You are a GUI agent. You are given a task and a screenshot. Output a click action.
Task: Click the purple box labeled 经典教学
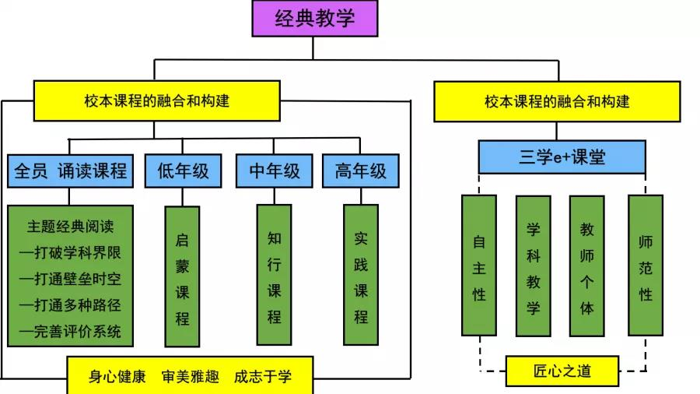(x=314, y=19)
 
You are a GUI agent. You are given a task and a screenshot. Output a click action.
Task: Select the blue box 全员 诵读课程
(x=70, y=171)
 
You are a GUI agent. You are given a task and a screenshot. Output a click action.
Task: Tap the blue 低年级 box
(x=184, y=171)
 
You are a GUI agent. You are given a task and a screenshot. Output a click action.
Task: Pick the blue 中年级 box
(x=275, y=171)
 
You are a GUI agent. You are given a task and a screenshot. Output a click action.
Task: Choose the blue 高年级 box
(x=361, y=171)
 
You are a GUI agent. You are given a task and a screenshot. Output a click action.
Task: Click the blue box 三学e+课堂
(x=562, y=157)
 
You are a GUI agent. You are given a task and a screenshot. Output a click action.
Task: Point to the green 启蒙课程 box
(x=182, y=277)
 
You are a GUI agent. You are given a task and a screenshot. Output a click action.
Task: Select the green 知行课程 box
(x=274, y=276)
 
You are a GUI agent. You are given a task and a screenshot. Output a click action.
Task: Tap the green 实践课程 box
(x=361, y=276)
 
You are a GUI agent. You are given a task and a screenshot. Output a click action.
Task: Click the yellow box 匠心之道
(x=562, y=371)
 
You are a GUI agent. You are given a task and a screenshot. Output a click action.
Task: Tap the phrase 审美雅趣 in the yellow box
(x=190, y=377)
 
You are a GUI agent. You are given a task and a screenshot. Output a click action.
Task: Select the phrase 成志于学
(x=263, y=377)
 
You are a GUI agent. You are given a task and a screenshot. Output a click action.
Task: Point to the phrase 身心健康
(x=117, y=377)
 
